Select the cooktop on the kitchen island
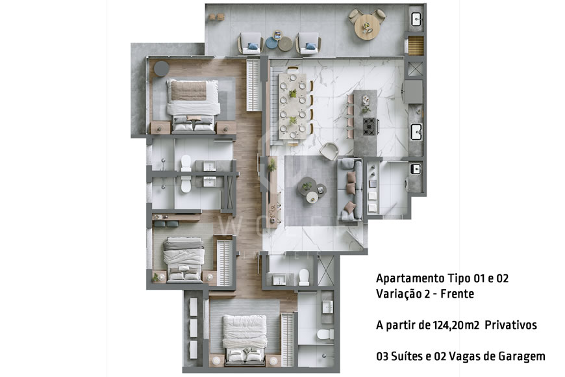tap(369, 124)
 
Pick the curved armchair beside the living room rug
tap(329, 150)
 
